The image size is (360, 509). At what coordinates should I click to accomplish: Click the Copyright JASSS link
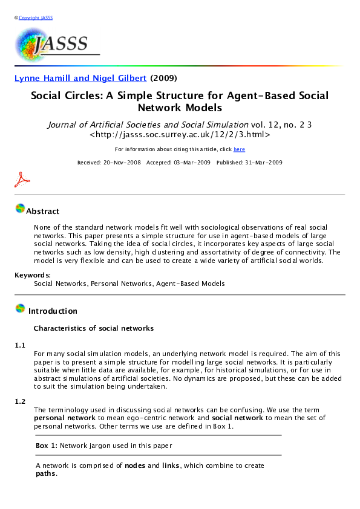[x=36, y=18]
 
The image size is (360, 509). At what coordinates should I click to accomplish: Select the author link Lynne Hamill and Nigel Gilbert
[x=80, y=78]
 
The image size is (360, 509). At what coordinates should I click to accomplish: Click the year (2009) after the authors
[x=163, y=78]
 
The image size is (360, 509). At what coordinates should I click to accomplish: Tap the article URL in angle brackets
[x=180, y=135]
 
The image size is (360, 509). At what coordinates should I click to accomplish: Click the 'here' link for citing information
[x=239, y=149]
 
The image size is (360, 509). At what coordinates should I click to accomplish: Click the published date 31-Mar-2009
[x=249, y=163]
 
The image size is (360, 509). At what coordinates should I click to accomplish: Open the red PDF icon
[x=22, y=180]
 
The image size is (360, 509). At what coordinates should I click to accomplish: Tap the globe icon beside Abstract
[x=20, y=209]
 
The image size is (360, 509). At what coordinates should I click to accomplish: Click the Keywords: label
[x=33, y=276]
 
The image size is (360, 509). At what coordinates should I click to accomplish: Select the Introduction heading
[x=53, y=311]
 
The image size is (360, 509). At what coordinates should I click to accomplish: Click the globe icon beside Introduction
[x=20, y=309]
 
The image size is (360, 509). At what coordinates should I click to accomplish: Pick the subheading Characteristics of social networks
[x=93, y=329]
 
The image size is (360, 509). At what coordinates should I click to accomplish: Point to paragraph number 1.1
[x=20, y=345]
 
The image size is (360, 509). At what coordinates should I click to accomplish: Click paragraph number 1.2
[x=20, y=401]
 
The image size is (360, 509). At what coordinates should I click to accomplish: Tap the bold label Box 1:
[x=47, y=446]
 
